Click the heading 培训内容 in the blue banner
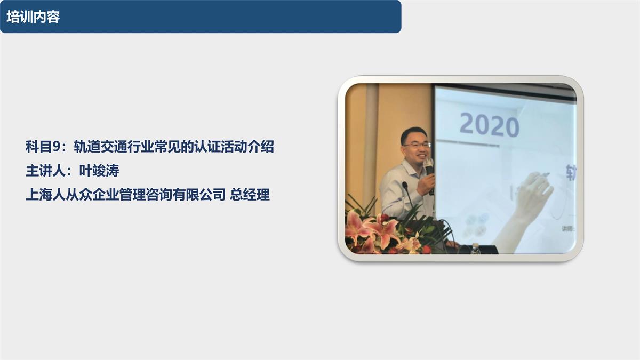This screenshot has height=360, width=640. [33, 17]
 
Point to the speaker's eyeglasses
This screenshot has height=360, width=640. [417, 145]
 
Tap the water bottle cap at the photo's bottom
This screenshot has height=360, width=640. [474, 245]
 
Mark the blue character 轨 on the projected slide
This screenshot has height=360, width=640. [571, 173]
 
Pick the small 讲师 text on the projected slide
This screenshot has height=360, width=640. [567, 228]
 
